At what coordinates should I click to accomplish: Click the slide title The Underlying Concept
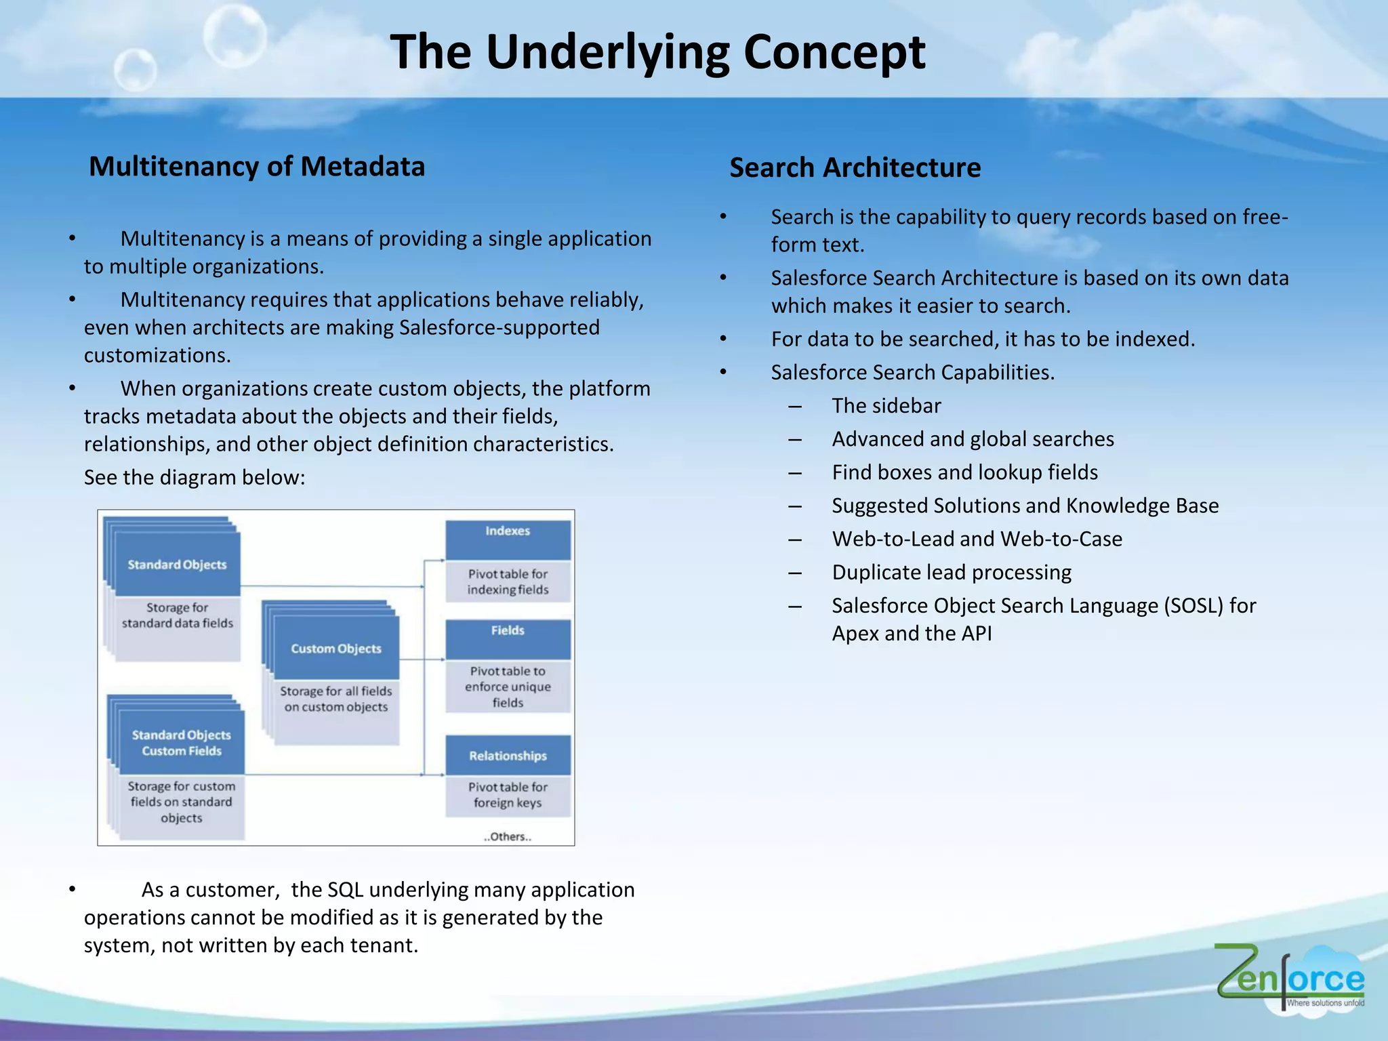657,52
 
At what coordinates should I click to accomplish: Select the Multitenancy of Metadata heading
257,167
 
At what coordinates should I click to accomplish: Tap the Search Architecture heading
855,168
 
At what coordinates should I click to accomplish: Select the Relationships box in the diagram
508,756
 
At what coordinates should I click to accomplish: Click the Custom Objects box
336,649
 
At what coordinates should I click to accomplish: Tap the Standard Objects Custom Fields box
181,743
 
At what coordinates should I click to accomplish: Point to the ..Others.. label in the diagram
508,837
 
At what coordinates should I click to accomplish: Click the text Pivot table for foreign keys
508,795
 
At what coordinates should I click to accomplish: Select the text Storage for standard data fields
177,615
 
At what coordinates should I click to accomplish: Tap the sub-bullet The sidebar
886,406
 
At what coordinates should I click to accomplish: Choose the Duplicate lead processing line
951,573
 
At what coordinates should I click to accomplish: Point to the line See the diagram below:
195,478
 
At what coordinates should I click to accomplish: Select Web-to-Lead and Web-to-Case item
977,539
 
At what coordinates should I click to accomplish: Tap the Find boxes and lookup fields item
964,472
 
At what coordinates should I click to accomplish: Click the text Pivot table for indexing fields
508,581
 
